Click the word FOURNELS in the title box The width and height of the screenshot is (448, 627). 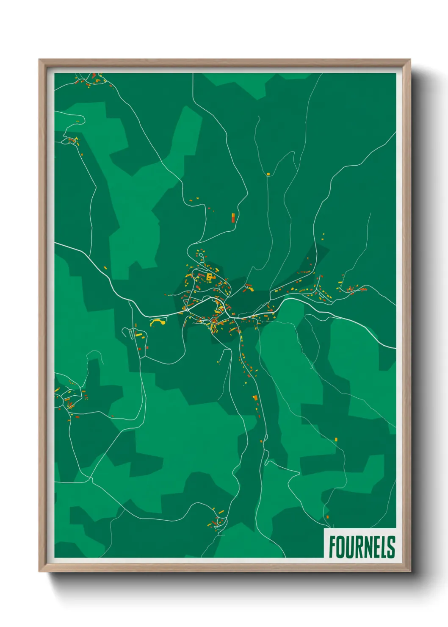click(362, 547)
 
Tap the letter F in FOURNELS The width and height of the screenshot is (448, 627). click(332, 547)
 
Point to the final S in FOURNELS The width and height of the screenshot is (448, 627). click(392, 547)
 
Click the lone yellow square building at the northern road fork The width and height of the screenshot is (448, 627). click(268, 174)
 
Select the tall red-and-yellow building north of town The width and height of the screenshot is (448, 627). click(233, 218)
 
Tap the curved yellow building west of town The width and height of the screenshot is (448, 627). click(157, 322)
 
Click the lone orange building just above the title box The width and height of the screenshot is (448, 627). click(327, 516)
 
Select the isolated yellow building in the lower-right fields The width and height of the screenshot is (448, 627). click(336, 439)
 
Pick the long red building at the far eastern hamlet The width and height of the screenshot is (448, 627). click(363, 289)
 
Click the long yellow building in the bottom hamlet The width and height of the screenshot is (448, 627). click(221, 512)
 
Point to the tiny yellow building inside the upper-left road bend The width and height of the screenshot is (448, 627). click(78, 122)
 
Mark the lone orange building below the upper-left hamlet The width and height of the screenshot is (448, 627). click(82, 155)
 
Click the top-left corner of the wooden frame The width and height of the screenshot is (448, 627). click(39, 60)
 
